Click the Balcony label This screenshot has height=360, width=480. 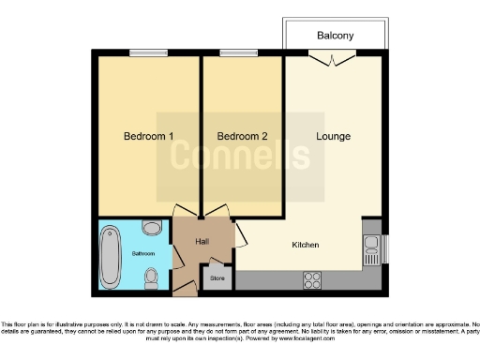(335, 36)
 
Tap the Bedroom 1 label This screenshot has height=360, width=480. (149, 137)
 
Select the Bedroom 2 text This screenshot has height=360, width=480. (244, 137)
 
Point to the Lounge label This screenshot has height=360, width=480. (333, 137)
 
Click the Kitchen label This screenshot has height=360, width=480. (306, 245)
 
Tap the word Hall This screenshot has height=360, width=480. (202, 242)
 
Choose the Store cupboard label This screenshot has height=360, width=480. (217, 277)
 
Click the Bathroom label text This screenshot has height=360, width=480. (142, 253)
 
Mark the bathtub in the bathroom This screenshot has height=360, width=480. (110, 254)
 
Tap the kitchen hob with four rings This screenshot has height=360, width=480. (311, 278)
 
